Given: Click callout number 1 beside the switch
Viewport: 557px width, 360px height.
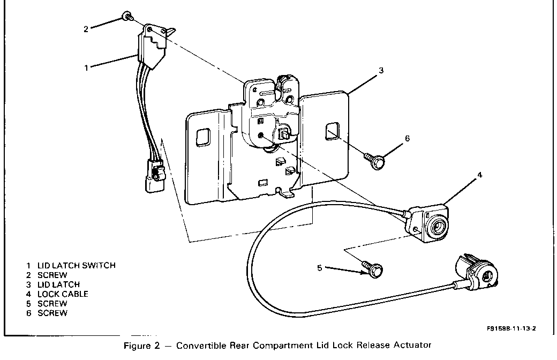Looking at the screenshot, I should (86, 68).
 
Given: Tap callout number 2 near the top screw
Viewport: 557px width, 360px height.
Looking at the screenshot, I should (86, 29).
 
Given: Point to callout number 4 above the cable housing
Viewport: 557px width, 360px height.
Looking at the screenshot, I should (479, 175).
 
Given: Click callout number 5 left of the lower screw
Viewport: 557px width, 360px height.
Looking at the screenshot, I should (320, 268).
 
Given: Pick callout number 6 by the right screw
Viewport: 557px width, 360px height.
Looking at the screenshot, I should (407, 138).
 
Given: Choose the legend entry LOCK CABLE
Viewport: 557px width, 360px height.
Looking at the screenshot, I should (63, 294).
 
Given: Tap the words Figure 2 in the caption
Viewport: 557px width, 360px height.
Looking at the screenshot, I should (140, 346).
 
